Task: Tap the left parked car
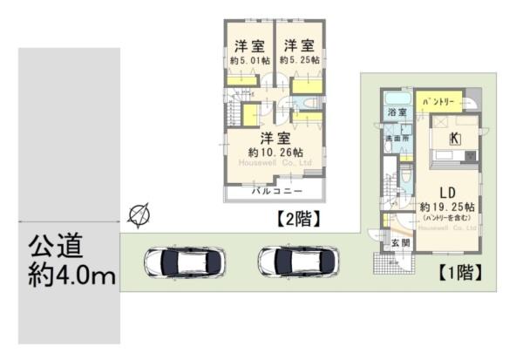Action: [185, 261]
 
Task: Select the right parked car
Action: [297, 261]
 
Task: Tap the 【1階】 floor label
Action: [459, 272]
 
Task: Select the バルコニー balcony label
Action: [276, 189]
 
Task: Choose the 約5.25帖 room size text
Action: [299, 60]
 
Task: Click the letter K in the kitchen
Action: [454, 139]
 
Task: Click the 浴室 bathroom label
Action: [397, 113]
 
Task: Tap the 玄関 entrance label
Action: [398, 242]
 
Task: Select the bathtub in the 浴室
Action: [397, 98]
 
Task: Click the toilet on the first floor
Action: [406, 180]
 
